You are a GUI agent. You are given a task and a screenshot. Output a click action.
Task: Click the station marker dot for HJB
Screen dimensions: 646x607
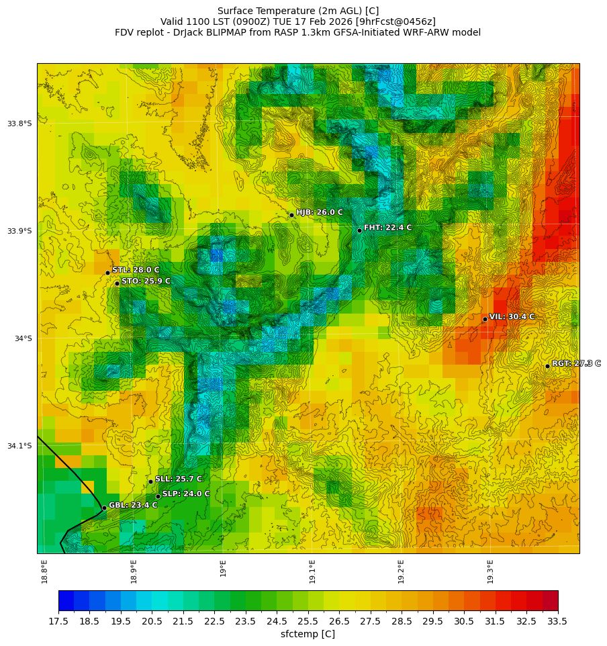coord(291,215)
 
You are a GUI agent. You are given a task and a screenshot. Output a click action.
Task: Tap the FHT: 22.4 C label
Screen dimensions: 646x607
coord(387,228)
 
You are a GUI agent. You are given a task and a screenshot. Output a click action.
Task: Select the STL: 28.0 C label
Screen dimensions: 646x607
coord(136,270)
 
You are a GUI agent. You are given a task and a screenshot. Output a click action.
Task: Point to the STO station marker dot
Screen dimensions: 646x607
coord(117,283)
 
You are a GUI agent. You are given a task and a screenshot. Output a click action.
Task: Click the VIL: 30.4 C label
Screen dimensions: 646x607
coord(512,316)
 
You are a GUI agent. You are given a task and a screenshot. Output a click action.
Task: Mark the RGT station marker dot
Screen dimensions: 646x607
coord(547,366)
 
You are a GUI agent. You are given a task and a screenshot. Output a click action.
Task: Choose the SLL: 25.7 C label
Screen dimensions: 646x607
coord(179,479)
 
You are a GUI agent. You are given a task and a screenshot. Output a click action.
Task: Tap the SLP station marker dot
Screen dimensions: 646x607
coord(158,496)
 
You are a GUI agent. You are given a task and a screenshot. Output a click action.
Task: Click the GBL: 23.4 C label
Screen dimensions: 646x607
coord(133,505)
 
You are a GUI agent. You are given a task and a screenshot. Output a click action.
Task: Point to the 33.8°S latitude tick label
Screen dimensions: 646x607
coord(19,124)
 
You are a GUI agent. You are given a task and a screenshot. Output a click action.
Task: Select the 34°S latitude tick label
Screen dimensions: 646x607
coord(23,338)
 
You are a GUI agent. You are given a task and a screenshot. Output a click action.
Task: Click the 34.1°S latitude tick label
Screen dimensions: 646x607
coord(19,446)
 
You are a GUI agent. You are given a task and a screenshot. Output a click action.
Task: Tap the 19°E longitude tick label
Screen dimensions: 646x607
coord(223,568)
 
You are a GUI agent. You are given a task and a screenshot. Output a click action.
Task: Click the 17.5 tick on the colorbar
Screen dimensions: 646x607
coord(58,621)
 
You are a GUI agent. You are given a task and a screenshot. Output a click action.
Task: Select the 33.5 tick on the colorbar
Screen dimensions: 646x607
coord(558,621)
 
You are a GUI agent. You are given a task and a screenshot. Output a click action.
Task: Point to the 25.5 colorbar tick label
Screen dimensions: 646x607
coord(308,621)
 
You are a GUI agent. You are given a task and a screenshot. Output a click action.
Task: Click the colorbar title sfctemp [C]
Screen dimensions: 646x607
coord(308,634)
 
